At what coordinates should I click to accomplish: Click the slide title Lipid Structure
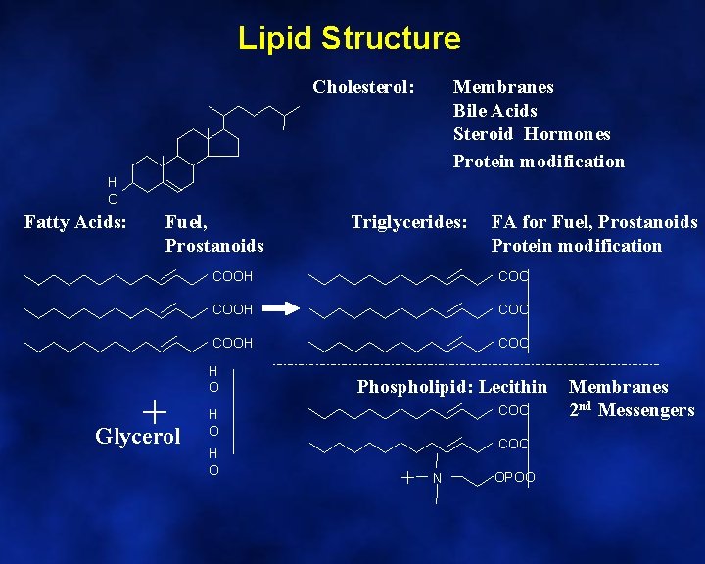[x=349, y=38]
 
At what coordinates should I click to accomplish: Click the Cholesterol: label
[x=363, y=87]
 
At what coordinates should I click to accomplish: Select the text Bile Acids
[x=494, y=111]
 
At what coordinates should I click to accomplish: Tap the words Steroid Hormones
[x=531, y=134]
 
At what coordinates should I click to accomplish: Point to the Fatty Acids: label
[x=75, y=223]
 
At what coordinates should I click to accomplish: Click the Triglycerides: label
[x=409, y=223]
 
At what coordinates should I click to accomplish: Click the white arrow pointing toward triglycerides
[x=281, y=309]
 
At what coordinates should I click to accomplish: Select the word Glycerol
[x=138, y=437]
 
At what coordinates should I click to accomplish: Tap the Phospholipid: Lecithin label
[x=452, y=387]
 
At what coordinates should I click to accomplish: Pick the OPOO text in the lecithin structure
[x=515, y=478]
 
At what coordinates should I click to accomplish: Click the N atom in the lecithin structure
[x=437, y=478]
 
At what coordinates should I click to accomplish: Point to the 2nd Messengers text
[x=632, y=410]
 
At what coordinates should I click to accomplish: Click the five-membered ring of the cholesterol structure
[x=227, y=143]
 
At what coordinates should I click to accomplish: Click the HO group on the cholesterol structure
[x=113, y=190]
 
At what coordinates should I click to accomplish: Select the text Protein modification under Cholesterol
[x=539, y=162]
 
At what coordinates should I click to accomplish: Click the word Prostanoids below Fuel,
[x=214, y=245]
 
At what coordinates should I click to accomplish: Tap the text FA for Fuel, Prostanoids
[x=593, y=223]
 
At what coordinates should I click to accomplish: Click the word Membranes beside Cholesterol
[x=503, y=87]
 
